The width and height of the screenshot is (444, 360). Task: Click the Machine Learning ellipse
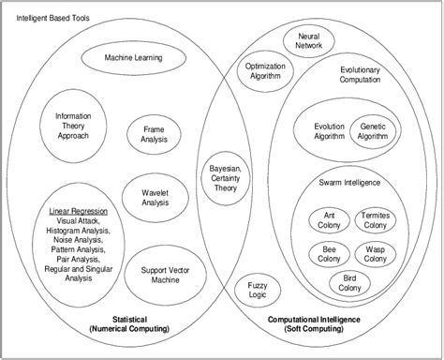[x=133, y=58]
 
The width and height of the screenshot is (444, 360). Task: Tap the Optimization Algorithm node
[x=265, y=74]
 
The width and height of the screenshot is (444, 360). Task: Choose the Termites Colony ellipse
[x=377, y=221]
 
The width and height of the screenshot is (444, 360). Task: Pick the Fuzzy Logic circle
[x=257, y=292]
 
